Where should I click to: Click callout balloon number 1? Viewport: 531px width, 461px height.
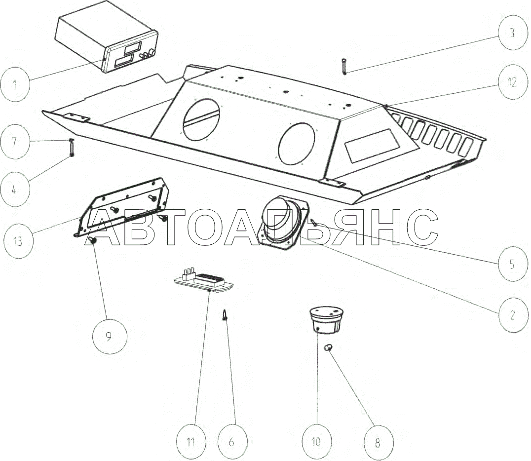coord(14,83)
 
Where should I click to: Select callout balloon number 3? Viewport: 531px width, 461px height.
coord(512,33)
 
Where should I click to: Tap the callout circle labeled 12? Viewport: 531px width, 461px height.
coord(512,82)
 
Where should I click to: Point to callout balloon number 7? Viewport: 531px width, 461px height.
coord(14,142)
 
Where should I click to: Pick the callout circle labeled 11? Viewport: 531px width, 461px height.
coord(190,441)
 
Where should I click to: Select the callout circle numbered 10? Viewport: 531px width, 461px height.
coord(316,441)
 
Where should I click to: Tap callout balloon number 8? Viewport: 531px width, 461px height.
coord(377,443)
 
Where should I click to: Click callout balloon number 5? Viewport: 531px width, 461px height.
coord(512,264)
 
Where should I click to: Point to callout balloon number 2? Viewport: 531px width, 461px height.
coord(512,314)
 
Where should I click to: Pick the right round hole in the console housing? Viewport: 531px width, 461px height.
coord(296,144)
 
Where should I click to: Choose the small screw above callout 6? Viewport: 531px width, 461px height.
coord(226,314)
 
